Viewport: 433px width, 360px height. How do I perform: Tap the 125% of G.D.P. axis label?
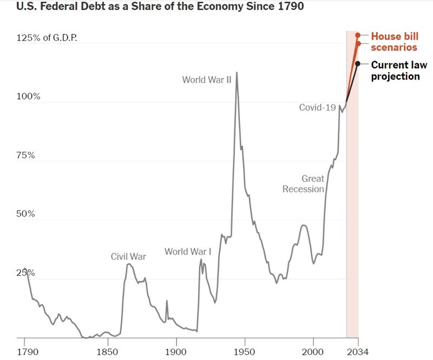[47, 38]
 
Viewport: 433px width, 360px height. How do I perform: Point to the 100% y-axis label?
[29, 96]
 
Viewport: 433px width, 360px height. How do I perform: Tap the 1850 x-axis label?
[107, 352]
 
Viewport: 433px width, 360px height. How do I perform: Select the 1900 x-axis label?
[176, 352]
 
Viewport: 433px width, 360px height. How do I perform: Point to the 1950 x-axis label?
[245, 352]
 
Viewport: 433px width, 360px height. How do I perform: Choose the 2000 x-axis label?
[313, 352]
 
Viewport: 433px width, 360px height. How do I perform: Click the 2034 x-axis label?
[358, 352]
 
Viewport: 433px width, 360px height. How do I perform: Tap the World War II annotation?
[207, 80]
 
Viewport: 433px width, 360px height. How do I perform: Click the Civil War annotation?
[128, 257]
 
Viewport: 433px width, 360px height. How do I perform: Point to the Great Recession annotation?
[304, 184]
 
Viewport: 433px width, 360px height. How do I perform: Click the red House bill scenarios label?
[394, 42]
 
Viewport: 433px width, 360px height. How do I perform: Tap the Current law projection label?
[398, 70]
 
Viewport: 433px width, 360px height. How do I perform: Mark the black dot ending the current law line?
[358, 64]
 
